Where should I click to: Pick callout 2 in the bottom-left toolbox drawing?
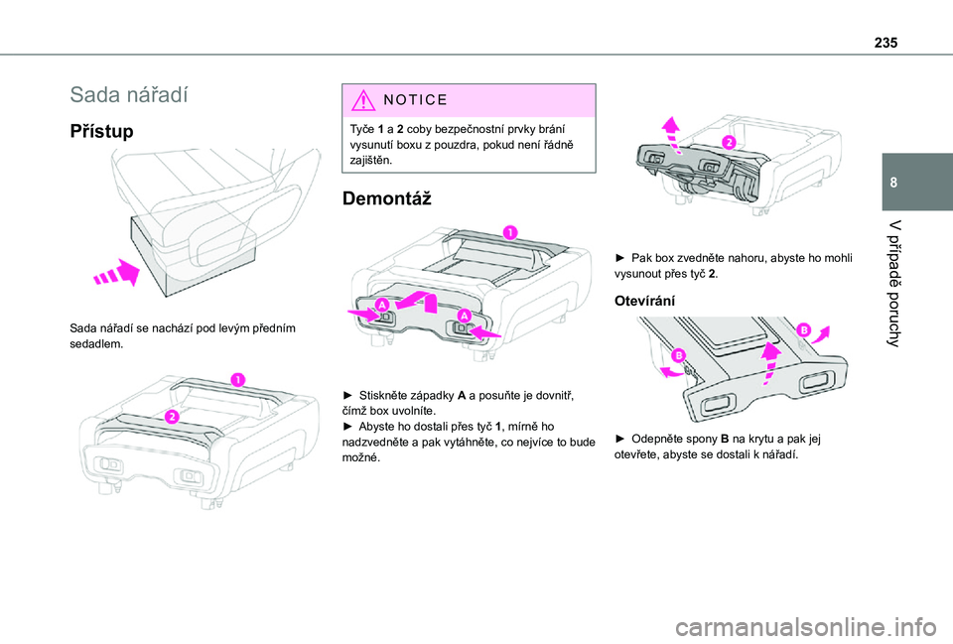pyautogui.click(x=171, y=417)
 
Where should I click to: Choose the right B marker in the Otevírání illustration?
pyautogui.click(x=801, y=327)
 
